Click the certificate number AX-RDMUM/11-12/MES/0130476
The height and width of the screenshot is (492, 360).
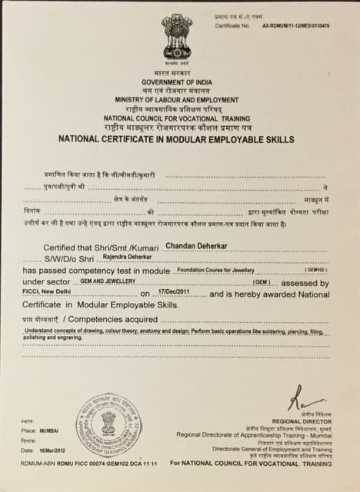coord(295,25)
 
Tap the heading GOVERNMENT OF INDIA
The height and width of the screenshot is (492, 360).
coord(177,81)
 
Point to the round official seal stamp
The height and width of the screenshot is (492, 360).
coord(108,424)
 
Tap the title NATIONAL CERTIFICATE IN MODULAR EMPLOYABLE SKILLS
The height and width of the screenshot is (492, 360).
coord(177,138)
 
